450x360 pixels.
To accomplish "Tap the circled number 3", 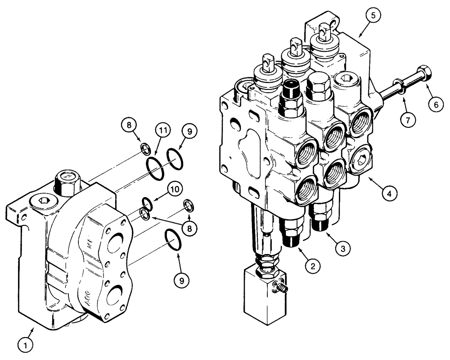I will (343, 247).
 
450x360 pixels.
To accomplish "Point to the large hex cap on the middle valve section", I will (319, 85).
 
